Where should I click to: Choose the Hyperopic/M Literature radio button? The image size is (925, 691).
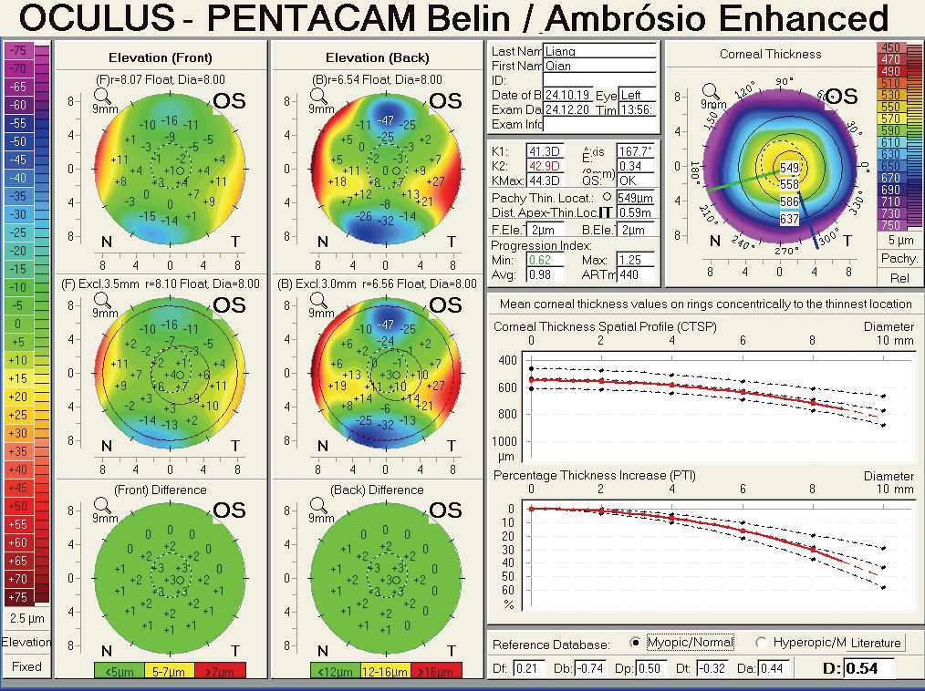pos(761,643)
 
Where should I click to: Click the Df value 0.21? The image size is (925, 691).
pos(527,669)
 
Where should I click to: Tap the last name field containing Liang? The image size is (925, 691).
pos(599,51)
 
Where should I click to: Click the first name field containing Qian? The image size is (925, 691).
pos(599,66)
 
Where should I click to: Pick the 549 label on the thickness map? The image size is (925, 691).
pos(789,168)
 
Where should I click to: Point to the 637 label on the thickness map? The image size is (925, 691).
pos(789,219)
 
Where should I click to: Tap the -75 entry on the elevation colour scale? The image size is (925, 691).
pos(18,50)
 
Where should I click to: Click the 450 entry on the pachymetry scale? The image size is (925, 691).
pos(891,47)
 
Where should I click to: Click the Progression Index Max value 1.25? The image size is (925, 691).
pos(639,260)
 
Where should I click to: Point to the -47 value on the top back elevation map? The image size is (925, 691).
pos(386,120)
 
